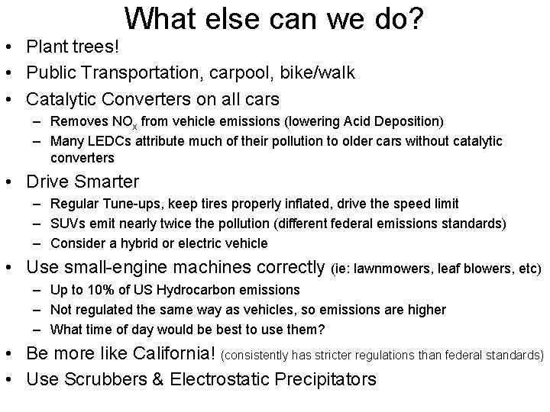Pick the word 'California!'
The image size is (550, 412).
(x=174, y=354)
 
